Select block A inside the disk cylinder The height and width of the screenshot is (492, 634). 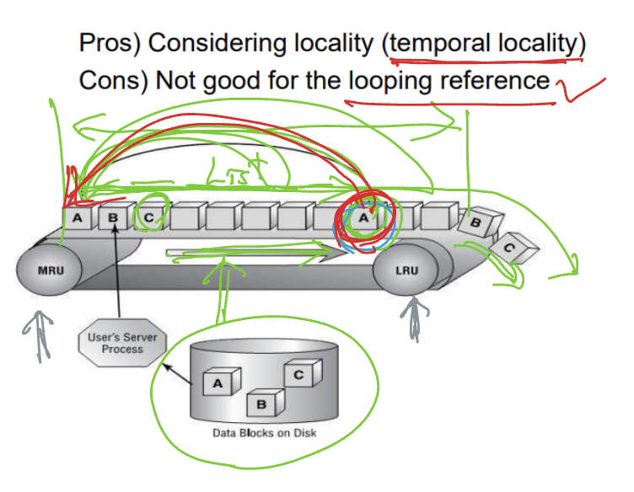point(217,383)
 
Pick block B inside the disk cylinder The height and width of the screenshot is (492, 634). point(261,404)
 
